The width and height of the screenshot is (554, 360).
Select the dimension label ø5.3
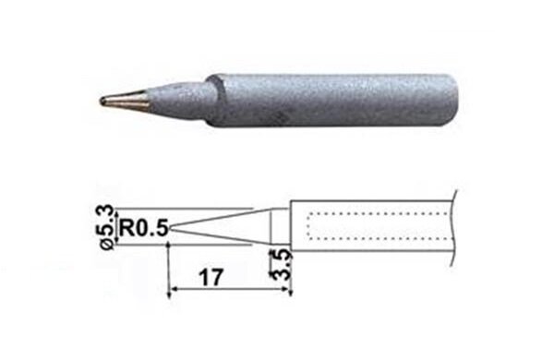108,226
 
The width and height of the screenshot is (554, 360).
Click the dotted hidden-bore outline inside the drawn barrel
369,214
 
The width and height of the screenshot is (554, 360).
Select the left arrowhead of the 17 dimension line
173,294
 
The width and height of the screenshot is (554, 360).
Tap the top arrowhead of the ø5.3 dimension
119,209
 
